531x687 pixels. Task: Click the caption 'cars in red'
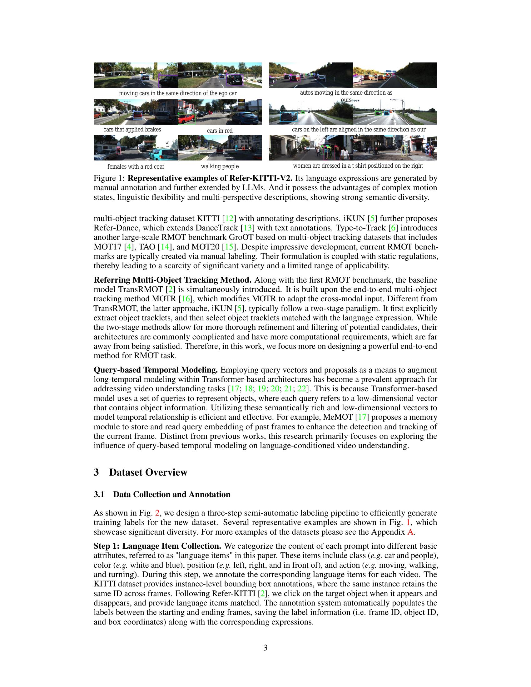[x=220, y=131]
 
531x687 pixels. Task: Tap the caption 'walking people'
[x=220, y=166]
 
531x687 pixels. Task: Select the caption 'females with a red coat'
[x=136, y=167]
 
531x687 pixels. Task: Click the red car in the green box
[x=186, y=119]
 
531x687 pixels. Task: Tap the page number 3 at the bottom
[x=265, y=647]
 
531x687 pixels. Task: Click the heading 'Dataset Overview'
[x=148, y=472]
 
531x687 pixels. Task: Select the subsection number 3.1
[x=99, y=495]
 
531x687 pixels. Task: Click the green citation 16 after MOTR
[x=186, y=299]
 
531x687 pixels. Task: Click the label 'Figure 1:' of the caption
[x=109, y=178]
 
